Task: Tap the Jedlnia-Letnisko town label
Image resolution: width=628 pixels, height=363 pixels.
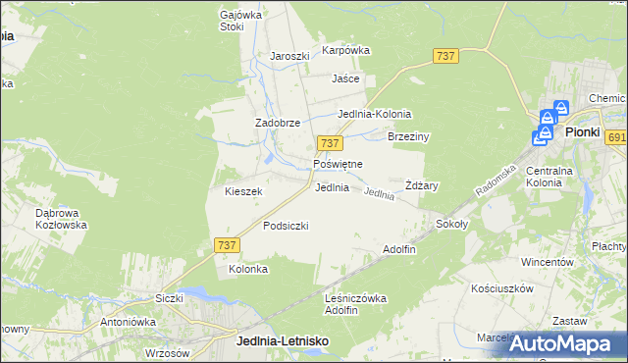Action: [283, 339]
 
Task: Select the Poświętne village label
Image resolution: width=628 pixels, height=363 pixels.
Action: [338, 164]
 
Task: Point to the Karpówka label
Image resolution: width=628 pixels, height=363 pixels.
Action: [345, 50]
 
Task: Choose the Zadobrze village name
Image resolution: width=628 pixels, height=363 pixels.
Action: [277, 123]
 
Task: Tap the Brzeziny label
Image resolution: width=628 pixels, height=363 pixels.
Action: [409, 137]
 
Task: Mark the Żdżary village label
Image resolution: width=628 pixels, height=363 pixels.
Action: [421, 185]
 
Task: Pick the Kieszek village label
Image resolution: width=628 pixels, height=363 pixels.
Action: [243, 192]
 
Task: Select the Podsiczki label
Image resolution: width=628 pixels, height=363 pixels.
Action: [286, 226]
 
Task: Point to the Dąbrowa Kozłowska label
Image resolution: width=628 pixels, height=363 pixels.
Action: [60, 218]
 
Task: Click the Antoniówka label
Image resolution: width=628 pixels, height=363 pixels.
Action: [130, 321]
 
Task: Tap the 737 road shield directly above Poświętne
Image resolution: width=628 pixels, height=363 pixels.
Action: [330, 144]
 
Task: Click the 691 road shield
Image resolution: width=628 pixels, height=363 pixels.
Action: [616, 138]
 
